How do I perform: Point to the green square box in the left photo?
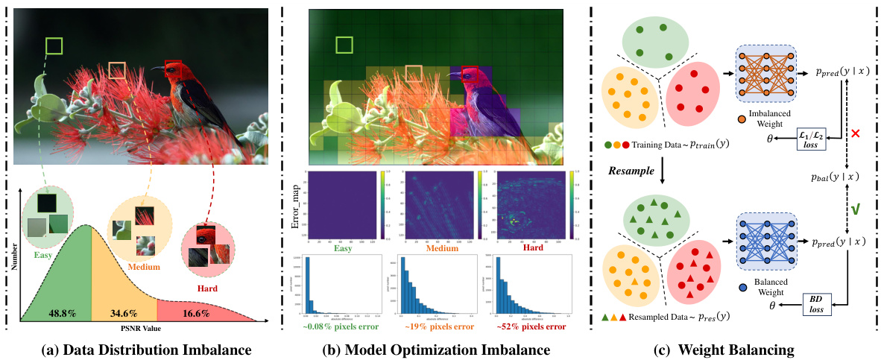coord(54,46)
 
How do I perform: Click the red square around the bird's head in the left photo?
coord(172,69)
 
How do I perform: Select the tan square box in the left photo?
coord(118,70)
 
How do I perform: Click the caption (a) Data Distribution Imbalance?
coord(141,348)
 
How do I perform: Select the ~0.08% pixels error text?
coord(341,325)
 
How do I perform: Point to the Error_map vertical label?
coord(297,206)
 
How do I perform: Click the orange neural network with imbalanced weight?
coord(763,72)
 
